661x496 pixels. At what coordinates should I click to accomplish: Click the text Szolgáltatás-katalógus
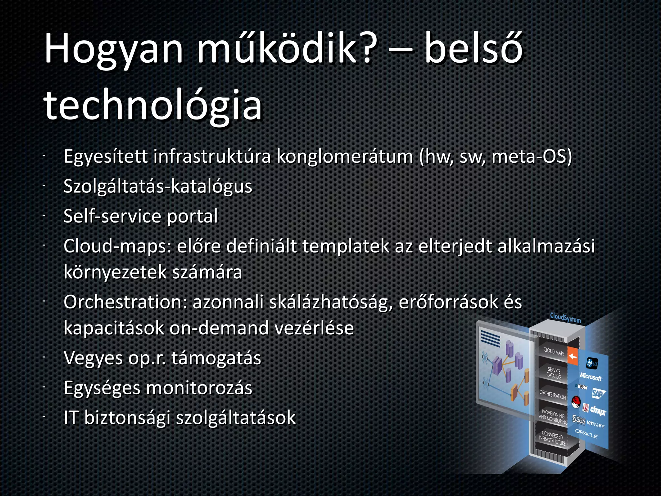[x=158, y=187]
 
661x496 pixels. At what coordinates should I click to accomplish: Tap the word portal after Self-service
[x=192, y=216]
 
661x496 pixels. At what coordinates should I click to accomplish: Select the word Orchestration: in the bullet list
[x=125, y=302]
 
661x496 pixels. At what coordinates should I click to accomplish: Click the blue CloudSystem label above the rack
[x=565, y=318]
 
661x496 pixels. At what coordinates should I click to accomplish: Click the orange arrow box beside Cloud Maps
[x=573, y=356]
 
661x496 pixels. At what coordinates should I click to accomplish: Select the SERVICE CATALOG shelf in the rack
[x=554, y=373]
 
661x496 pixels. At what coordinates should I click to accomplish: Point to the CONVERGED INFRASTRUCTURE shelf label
[x=552, y=439]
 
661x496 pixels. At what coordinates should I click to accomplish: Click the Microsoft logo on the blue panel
[x=590, y=377]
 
